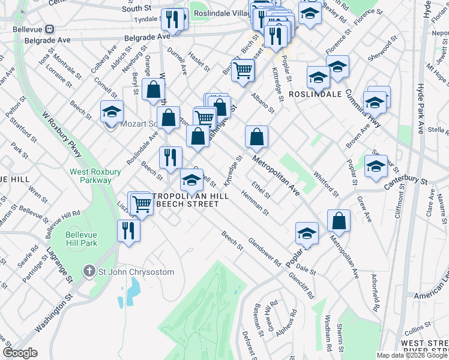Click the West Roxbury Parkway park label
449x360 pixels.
91,175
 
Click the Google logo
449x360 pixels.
20,353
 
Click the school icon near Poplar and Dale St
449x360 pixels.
307,235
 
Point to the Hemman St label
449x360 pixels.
255,202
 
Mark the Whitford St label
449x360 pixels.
327,180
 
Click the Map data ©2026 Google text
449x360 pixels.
412,355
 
